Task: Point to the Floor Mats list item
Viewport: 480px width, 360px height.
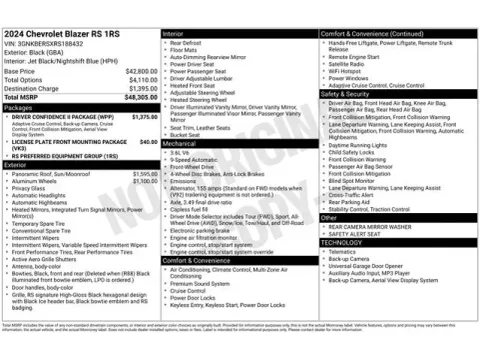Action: [x=185, y=50]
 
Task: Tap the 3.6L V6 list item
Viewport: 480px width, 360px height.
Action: [x=181, y=152]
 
